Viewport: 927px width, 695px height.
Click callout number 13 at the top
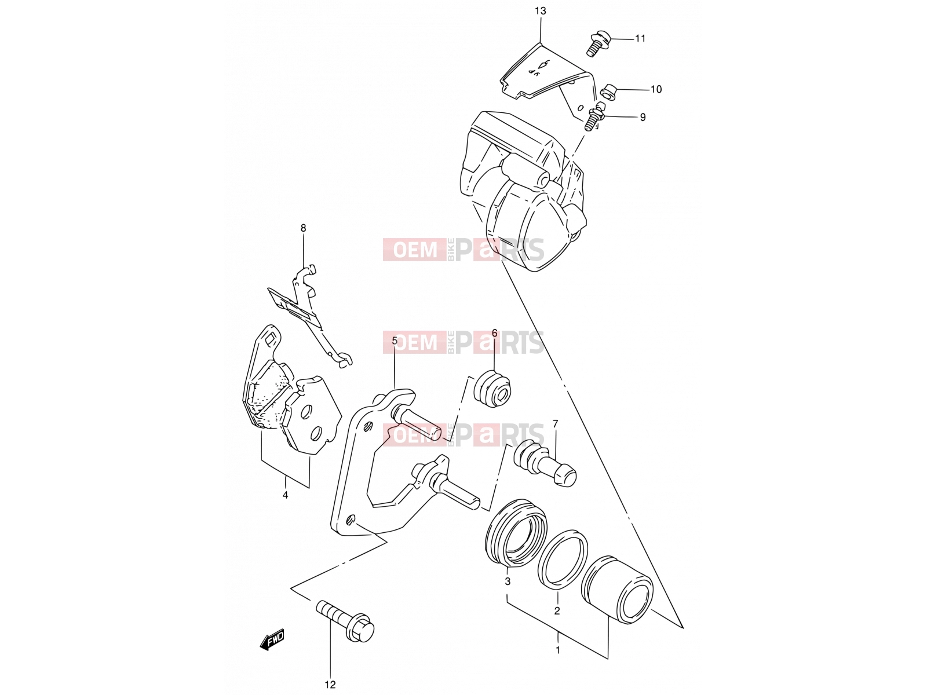(x=540, y=11)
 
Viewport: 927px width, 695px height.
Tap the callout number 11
(x=640, y=38)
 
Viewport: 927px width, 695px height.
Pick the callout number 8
(x=303, y=228)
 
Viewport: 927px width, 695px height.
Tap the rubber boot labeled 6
(x=492, y=389)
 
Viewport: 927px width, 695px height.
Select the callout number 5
(x=395, y=341)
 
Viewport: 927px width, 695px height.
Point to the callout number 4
(x=285, y=495)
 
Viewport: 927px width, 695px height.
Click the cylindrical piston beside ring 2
(x=616, y=590)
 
